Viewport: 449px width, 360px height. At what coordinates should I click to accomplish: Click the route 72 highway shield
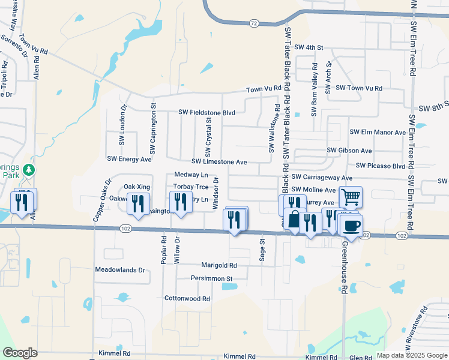pyautogui.click(x=255, y=23)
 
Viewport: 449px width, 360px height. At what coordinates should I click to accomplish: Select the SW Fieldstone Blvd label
pyautogui.click(x=206, y=112)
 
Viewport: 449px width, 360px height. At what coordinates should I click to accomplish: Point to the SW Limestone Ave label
pyautogui.click(x=219, y=162)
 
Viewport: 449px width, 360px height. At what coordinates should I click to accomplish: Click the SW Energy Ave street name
pyautogui.click(x=129, y=160)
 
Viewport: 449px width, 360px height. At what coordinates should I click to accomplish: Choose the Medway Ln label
pyautogui.click(x=191, y=175)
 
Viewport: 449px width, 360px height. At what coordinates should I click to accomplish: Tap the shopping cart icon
pyautogui.click(x=350, y=196)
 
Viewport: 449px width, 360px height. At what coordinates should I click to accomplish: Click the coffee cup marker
pyautogui.click(x=352, y=226)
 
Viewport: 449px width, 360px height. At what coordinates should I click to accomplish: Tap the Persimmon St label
pyautogui.click(x=211, y=278)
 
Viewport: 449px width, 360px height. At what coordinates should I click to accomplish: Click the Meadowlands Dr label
pyautogui.click(x=120, y=270)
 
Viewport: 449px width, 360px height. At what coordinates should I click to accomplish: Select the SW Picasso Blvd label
pyautogui.click(x=381, y=166)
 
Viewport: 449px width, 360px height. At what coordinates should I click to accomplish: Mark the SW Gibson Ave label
pyautogui.click(x=349, y=151)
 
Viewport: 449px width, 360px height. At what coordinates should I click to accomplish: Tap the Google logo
pyautogui.click(x=20, y=353)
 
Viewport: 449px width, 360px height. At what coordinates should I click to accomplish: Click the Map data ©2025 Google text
pyautogui.click(x=411, y=355)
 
